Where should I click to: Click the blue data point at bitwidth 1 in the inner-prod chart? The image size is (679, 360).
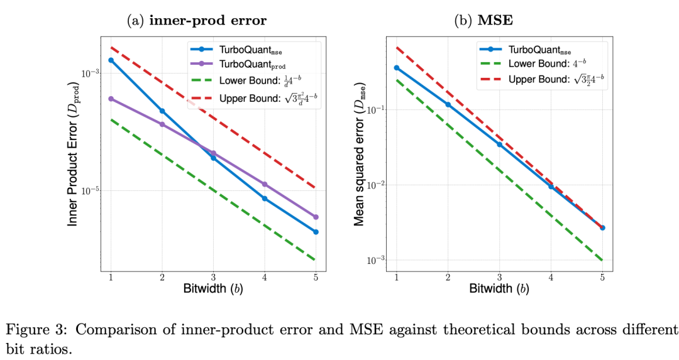tap(111, 60)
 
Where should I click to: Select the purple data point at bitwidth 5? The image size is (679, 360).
tap(316, 217)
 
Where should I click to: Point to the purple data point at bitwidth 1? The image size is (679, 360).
tap(111, 99)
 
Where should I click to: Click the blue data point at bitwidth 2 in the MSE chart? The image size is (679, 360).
tap(448, 104)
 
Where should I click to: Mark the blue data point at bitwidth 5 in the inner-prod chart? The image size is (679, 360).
tap(316, 232)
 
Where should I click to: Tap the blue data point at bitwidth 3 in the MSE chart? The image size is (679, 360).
tap(499, 145)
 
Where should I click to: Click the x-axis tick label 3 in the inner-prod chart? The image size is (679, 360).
tap(213, 277)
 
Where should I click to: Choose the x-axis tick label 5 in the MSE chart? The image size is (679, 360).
tap(602, 277)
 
